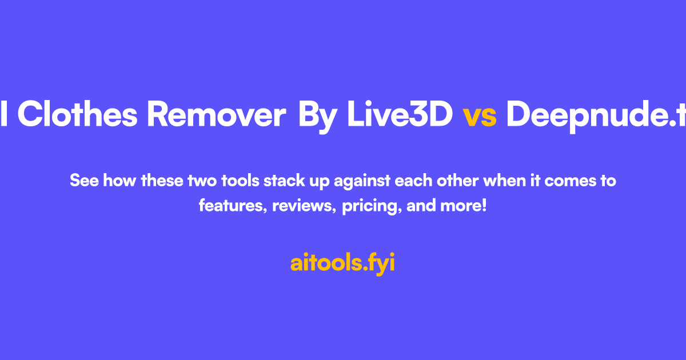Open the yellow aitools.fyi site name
[x=342, y=263]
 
